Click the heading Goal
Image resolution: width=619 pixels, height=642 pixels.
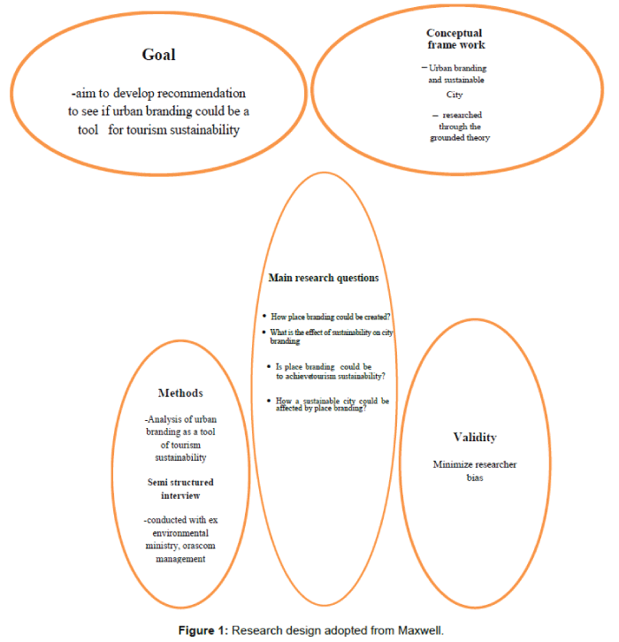(x=159, y=55)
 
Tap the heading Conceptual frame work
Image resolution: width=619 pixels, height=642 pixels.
(x=455, y=39)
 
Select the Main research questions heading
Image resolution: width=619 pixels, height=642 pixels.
(x=324, y=278)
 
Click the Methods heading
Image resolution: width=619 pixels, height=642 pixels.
(x=180, y=393)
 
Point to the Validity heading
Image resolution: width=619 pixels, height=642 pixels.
(x=475, y=437)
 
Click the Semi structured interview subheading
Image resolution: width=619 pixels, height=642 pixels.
(x=180, y=488)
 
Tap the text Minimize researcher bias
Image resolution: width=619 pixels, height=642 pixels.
(x=475, y=470)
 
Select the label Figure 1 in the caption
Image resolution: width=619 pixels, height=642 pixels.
(x=203, y=631)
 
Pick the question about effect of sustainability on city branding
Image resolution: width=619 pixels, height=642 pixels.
(x=331, y=336)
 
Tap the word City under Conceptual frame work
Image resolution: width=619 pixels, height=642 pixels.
(x=455, y=94)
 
